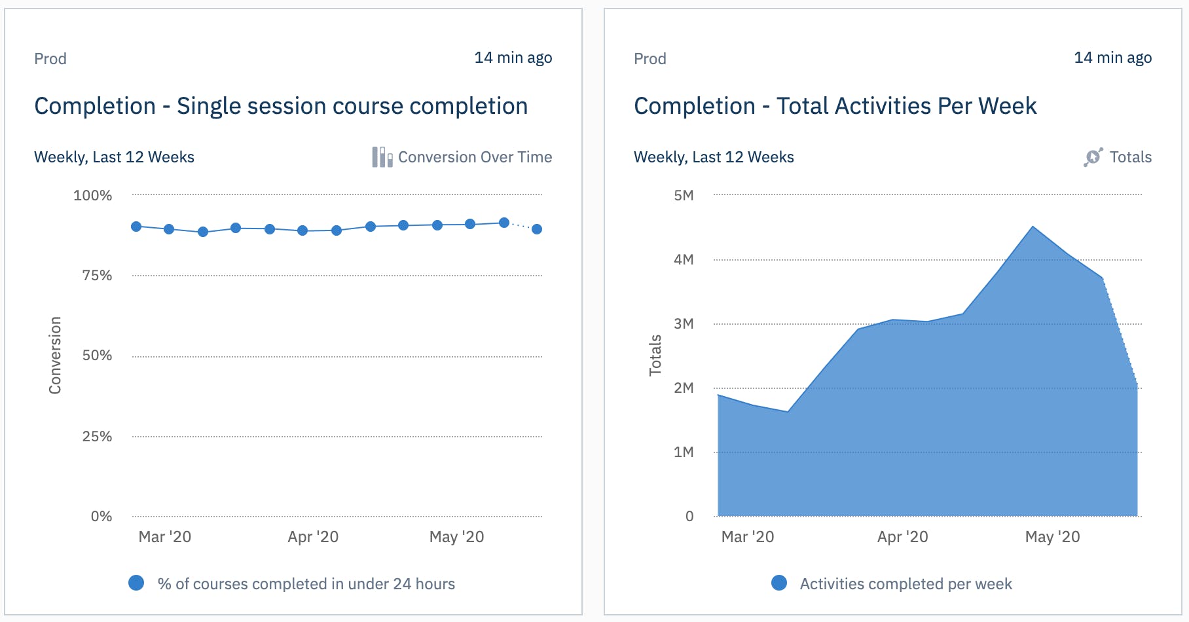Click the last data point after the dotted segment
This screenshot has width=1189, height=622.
tap(537, 229)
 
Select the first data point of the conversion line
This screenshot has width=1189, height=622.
tap(136, 227)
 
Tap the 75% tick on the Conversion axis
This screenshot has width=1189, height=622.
tap(97, 276)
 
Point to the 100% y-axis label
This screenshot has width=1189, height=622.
tap(92, 196)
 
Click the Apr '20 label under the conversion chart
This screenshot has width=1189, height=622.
tap(313, 537)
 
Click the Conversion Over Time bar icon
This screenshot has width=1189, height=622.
tap(382, 157)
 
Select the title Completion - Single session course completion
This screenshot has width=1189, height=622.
tap(281, 106)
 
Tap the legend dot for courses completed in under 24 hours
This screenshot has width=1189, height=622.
tap(136, 583)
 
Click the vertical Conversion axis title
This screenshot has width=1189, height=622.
tap(55, 356)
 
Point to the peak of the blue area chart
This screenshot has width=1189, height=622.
tap(1033, 227)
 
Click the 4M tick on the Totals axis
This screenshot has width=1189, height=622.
tap(684, 260)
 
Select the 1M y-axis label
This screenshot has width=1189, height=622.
tap(684, 452)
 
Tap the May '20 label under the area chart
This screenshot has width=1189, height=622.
tap(1052, 537)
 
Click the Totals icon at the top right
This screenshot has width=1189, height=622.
tap(1093, 157)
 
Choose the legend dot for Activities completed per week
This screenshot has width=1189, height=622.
tap(779, 583)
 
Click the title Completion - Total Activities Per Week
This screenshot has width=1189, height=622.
tap(835, 106)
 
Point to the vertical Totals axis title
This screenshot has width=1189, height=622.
tap(655, 356)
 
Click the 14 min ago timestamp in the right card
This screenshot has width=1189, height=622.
tap(1112, 58)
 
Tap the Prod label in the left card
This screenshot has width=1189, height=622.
tap(50, 59)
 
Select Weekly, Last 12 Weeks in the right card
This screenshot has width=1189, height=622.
tap(714, 157)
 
